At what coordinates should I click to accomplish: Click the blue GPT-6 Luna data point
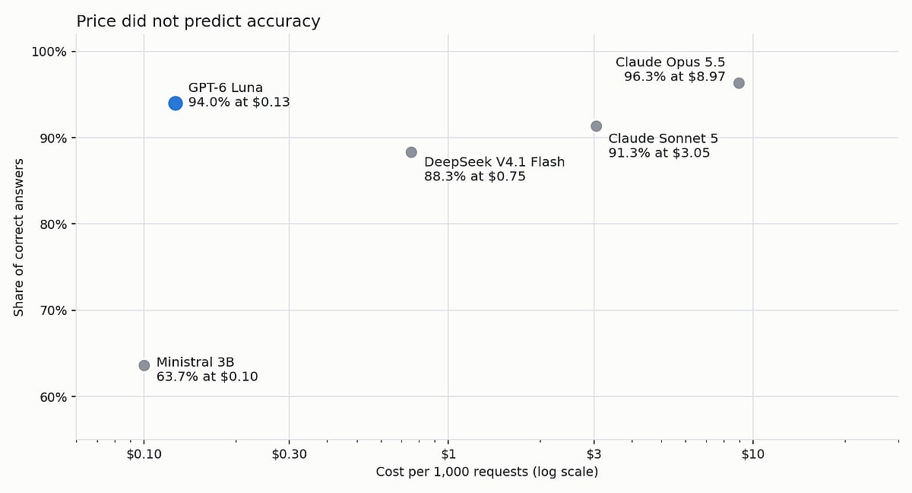point(176,103)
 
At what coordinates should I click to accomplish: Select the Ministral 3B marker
point(144,365)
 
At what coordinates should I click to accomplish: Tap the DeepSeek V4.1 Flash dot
point(411,152)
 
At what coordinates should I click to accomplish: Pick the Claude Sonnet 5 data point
point(596,126)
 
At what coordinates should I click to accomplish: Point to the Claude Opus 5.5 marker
point(739,83)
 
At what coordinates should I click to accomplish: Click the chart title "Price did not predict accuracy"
point(198,21)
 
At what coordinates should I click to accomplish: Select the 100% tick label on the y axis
point(49,52)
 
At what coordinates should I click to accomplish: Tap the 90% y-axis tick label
point(53,138)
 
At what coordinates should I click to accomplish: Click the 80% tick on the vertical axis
point(53,224)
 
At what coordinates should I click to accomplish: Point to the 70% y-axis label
point(53,310)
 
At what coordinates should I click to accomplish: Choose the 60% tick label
point(53,397)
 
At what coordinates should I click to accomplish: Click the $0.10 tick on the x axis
point(144,454)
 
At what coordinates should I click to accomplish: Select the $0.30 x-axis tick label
point(289,454)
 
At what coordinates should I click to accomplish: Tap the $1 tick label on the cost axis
point(448,454)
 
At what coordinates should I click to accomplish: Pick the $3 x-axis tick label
point(594,454)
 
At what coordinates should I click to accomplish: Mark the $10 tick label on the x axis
point(753,454)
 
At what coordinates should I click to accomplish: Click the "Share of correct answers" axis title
point(19,237)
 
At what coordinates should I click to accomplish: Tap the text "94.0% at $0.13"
point(239,102)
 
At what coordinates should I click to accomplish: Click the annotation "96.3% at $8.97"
point(675,76)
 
